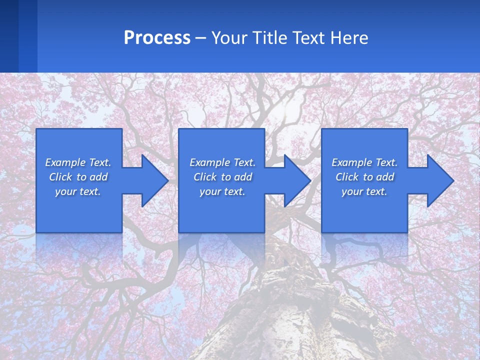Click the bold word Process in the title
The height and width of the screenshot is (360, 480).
click(x=157, y=38)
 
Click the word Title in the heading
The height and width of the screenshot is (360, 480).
click(x=269, y=38)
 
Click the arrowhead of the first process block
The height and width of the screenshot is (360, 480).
click(x=153, y=180)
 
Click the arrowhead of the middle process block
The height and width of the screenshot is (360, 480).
click(x=295, y=180)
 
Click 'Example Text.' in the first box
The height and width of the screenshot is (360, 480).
click(x=78, y=162)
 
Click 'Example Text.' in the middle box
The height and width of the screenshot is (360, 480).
click(x=222, y=162)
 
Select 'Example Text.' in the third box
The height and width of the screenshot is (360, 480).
click(x=364, y=162)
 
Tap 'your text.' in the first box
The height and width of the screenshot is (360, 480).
click(x=78, y=191)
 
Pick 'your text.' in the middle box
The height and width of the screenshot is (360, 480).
click(x=222, y=191)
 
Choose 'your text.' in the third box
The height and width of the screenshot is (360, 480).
click(x=364, y=191)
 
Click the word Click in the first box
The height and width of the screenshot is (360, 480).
click(x=61, y=177)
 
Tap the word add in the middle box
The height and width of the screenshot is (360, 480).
click(x=243, y=177)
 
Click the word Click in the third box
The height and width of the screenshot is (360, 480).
click(x=347, y=177)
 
